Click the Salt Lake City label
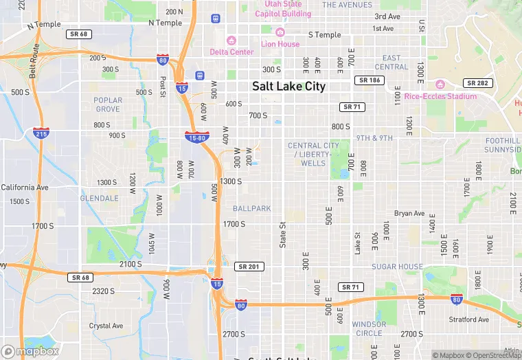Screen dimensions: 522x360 [x=288, y=87]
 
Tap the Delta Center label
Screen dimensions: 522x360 [x=231, y=52]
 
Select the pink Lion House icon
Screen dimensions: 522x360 [x=280, y=32]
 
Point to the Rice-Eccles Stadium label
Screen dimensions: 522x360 [x=440, y=96]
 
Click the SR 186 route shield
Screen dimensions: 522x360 [x=369, y=80]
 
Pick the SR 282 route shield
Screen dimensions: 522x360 [x=477, y=83]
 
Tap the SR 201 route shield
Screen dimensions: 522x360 [x=249, y=267]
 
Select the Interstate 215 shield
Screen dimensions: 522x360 [x=41, y=133]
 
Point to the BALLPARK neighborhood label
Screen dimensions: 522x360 [x=251, y=208]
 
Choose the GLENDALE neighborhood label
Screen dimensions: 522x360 [x=100, y=198]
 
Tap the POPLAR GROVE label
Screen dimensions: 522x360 [x=108, y=104]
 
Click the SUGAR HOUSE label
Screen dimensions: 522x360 [x=397, y=267]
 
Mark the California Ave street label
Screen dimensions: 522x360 [x=25, y=187]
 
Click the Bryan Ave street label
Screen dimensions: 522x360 [x=409, y=214]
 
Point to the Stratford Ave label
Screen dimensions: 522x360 [x=469, y=319]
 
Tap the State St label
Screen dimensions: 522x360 [x=282, y=234]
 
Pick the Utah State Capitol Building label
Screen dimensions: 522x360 [x=283, y=9]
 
